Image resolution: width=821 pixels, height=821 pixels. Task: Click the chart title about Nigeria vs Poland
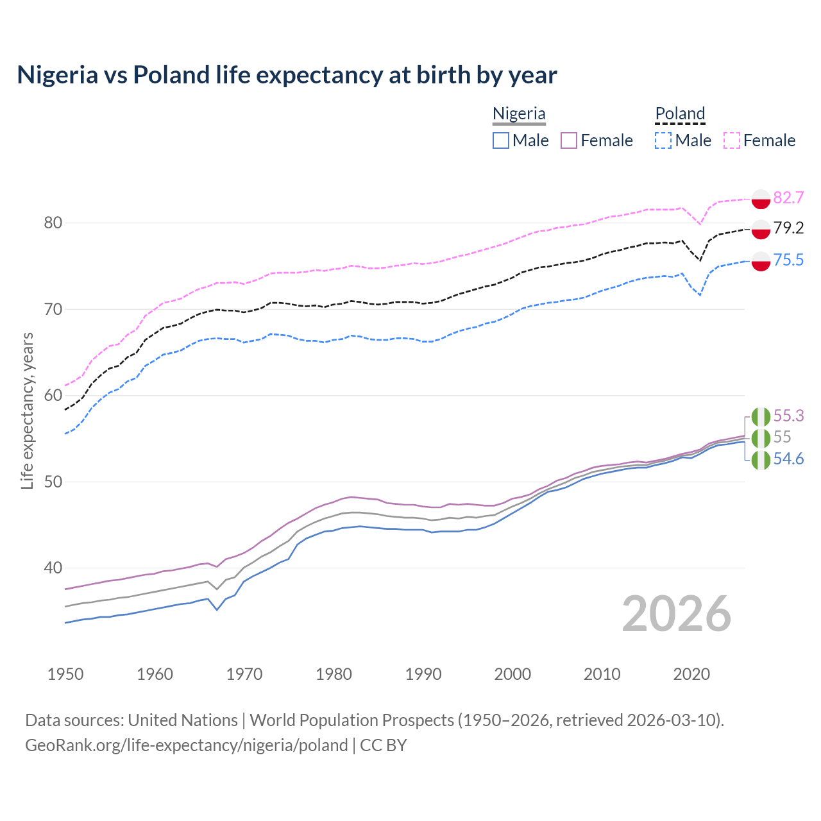tap(287, 75)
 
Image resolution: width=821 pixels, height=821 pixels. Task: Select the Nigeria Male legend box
tap(501, 140)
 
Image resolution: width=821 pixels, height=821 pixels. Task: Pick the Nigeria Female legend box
tap(570, 140)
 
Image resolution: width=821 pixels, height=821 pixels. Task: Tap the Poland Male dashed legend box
tap(663, 140)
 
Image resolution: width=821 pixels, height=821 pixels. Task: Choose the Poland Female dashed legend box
tap(732, 140)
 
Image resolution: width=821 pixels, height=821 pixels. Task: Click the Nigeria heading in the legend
tap(519, 114)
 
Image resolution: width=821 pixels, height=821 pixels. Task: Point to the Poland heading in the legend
tap(680, 114)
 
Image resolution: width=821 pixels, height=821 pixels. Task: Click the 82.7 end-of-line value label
tap(788, 198)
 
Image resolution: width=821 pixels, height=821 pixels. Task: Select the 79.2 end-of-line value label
tap(788, 228)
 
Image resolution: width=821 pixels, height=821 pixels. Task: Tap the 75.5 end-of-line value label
tap(788, 260)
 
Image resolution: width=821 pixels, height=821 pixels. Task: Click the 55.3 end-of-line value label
tap(788, 416)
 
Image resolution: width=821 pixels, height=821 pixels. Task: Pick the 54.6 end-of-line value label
tap(788, 459)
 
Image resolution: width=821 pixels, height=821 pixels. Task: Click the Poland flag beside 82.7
tap(761, 199)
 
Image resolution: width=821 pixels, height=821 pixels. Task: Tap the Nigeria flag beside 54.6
tap(761, 460)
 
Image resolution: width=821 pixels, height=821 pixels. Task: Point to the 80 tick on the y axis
tap(53, 223)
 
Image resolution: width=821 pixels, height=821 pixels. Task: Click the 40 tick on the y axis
tap(53, 568)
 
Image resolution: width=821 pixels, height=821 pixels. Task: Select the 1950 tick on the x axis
tap(65, 674)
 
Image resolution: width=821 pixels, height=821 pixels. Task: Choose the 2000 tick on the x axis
tap(512, 674)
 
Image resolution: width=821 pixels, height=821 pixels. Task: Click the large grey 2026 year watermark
tap(676, 614)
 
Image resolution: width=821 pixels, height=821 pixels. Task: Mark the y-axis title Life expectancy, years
tap(27, 410)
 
